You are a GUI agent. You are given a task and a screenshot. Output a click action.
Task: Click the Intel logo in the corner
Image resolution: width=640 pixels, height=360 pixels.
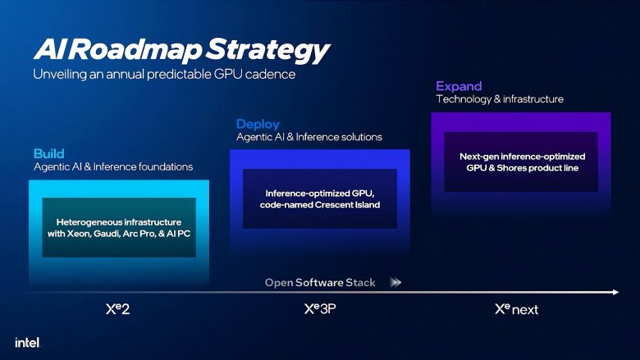pyautogui.click(x=27, y=341)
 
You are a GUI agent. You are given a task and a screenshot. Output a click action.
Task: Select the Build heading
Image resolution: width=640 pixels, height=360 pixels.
pyautogui.click(x=48, y=153)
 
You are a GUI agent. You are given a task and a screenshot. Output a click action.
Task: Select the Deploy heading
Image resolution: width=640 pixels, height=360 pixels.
pyautogui.click(x=258, y=124)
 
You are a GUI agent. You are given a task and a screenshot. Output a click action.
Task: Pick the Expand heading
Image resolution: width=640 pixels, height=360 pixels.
pyautogui.click(x=459, y=86)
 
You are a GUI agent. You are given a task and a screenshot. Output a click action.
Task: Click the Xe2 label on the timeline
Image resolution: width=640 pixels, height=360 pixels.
pyautogui.click(x=118, y=310)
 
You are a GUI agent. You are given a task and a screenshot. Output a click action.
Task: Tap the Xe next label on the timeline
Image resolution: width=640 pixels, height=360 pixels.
pyautogui.click(x=516, y=310)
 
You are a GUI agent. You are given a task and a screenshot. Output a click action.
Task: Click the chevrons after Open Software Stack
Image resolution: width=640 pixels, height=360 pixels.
pyautogui.click(x=395, y=282)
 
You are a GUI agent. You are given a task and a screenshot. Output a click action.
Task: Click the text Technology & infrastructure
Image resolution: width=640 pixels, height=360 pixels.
pyautogui.click(x=499, y=99)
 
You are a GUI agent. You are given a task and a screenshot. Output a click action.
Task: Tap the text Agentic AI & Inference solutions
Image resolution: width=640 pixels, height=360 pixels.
pyautogui.click(x=309, y=137)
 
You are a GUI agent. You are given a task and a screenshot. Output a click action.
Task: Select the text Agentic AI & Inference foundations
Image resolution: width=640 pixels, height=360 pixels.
pyautogui.click(x=112, y=166)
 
